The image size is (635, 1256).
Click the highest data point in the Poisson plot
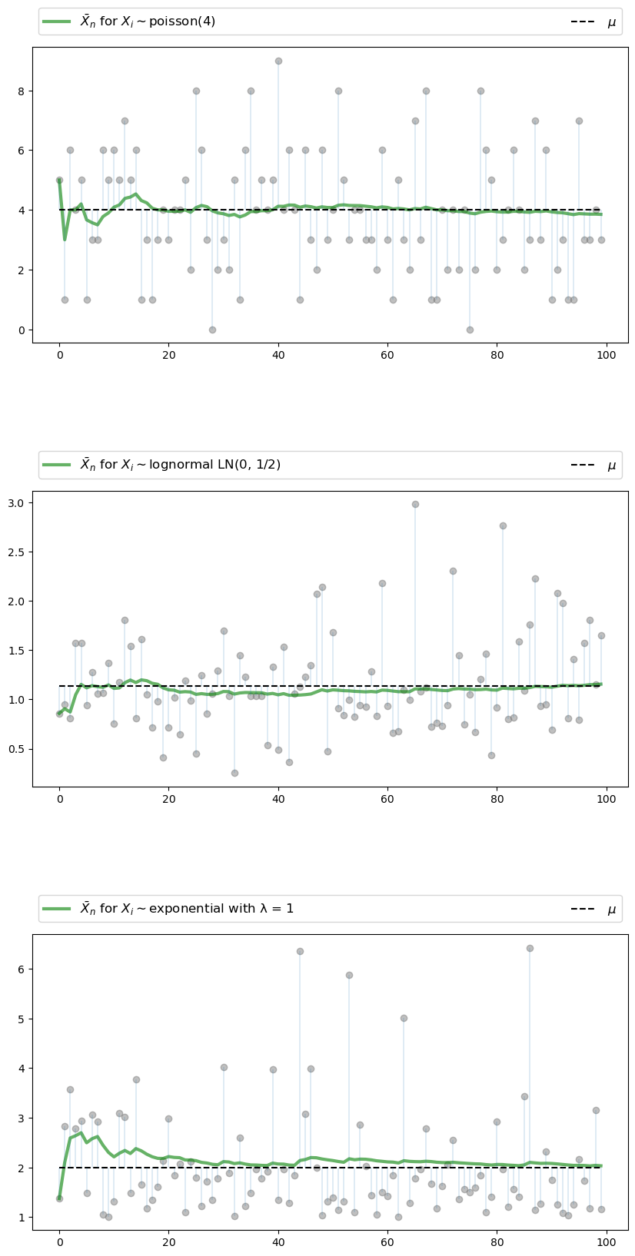point(278,61)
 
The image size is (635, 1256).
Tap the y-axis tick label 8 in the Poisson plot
point(22,91)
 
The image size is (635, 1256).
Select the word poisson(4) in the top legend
point(182,22)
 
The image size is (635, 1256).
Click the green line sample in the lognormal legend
point(57,465)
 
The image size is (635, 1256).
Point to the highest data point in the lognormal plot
point(415,504)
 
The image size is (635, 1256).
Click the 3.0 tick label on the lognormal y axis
point(16,503)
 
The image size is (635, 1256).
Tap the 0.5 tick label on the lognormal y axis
point(16,749)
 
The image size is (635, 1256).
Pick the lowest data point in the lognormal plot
point(234,773)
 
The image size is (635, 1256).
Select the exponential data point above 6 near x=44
point(300,951)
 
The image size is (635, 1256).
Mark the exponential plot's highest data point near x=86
point(530,948)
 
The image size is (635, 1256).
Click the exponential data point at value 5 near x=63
point(404,1018)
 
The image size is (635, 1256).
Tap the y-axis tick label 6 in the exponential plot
point(22,969)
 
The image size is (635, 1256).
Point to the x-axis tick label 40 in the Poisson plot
point(278,356)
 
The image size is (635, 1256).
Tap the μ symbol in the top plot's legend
point(612,22)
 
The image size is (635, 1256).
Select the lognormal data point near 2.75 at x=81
point(503,525)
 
